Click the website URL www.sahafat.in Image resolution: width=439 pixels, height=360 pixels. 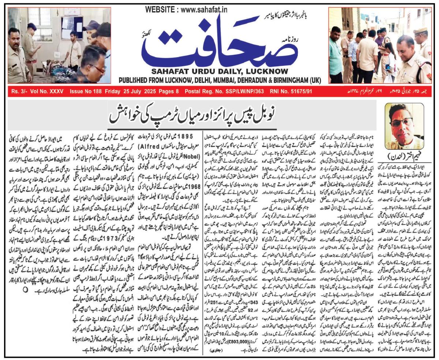click(209, 10)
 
